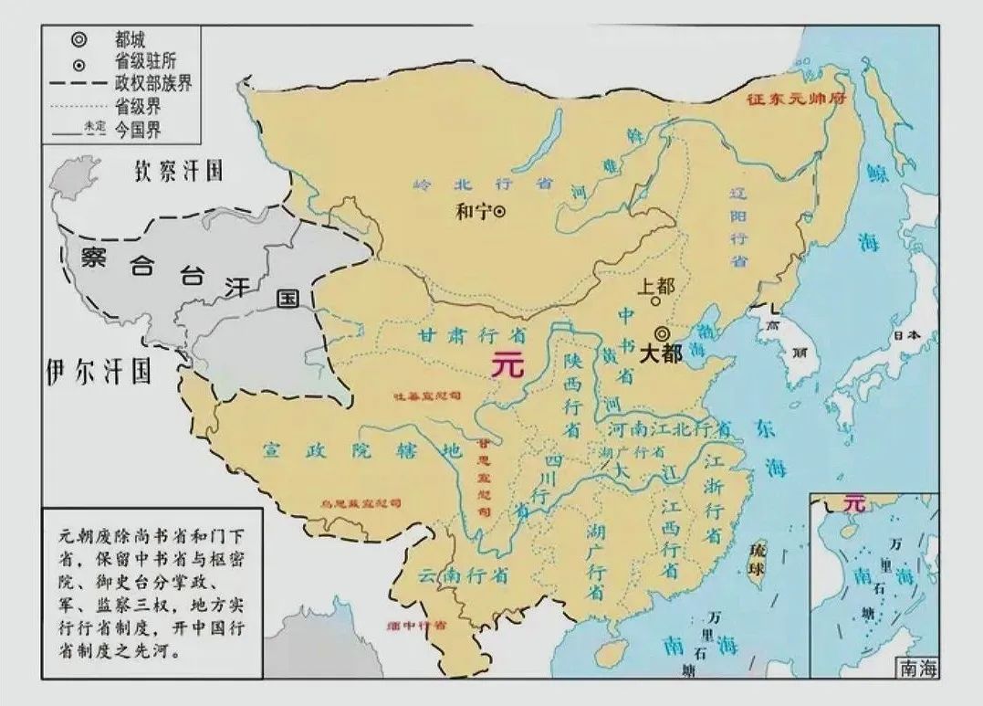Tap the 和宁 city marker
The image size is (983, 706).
(499, 211)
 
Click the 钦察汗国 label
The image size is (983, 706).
(180, 171)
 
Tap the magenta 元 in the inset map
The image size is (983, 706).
(853, 502)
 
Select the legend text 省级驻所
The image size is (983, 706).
(147, 62)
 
